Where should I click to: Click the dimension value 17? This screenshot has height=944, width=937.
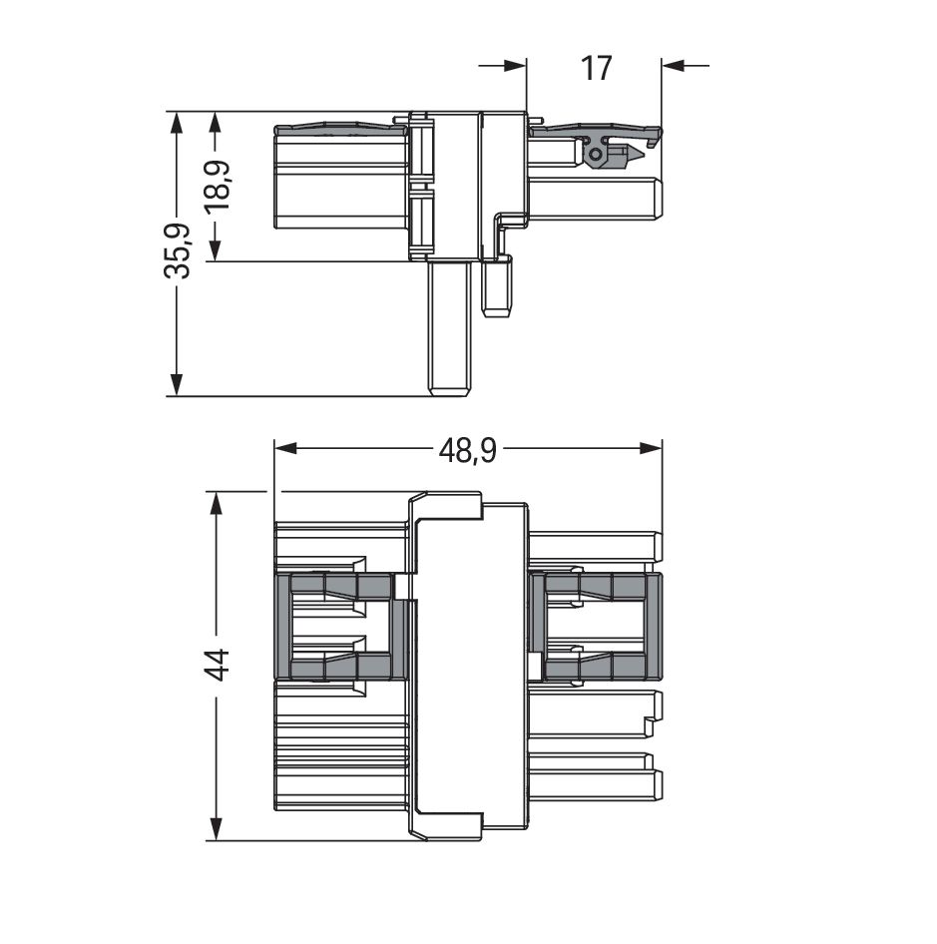click(x=596, y=68)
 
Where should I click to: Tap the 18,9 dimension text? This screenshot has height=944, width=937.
click(x=216, y=186)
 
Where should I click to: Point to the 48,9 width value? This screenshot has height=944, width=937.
click(x=468, y=450)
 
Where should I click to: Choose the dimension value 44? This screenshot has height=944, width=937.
click(x=216, y=665)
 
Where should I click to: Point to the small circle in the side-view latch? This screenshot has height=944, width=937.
click(x=596, y=155)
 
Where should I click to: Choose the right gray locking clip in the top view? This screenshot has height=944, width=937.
click(x=595, y=627)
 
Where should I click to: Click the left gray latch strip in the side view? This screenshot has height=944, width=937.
click(x=340, y=129)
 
